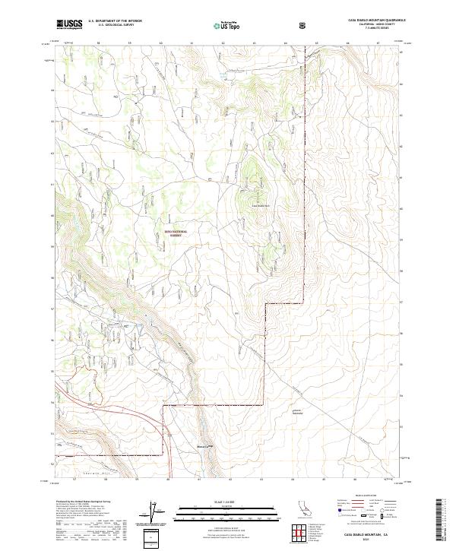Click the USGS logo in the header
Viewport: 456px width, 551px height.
68,24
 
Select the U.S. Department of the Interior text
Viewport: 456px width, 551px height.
115,21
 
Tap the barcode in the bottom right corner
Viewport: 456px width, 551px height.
439,524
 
